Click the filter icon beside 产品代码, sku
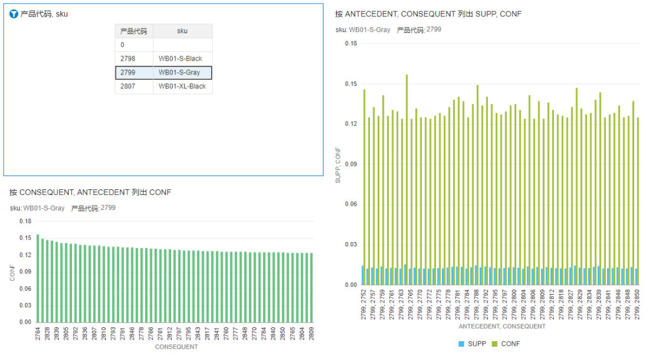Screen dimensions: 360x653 coord(14,14)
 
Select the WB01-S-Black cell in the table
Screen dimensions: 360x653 coord(180,59)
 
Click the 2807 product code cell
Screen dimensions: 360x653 coord(128,87)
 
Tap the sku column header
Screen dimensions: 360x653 coord(182,31)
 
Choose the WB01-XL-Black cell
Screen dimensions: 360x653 coord(182,87)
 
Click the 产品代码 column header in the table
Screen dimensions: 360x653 coord(134,31)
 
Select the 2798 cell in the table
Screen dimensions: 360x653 coord(128,59)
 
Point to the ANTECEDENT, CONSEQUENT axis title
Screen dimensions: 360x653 coord(502,326)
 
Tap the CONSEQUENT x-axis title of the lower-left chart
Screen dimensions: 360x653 coord(176,347)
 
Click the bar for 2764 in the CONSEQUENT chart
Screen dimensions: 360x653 coord(37,278)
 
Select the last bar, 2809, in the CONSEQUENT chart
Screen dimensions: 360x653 coord(311,287)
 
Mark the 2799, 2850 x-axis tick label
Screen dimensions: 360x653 coord(638,304)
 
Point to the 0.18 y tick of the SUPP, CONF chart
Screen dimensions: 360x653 coord(351,44)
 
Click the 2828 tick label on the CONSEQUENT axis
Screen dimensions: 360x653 coord(47,333)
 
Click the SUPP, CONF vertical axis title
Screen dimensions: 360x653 coord(339,165)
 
